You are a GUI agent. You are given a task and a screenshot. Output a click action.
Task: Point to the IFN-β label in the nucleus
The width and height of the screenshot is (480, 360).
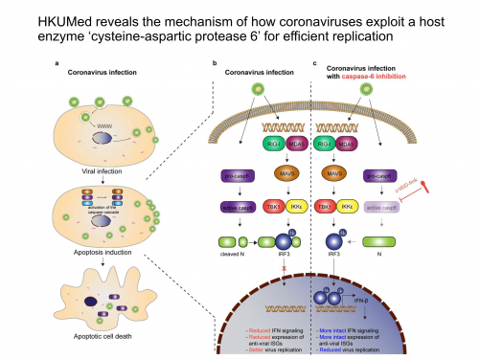361,301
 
